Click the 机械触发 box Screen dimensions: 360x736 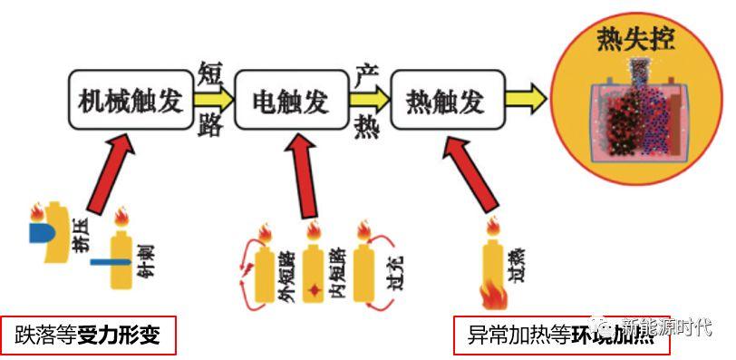click(x=131, y=97)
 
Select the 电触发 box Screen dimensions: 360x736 click(x=288, y=97)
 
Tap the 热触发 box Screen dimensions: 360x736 click(x=443, y=97)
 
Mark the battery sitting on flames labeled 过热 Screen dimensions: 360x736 click(x=495, y=268)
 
